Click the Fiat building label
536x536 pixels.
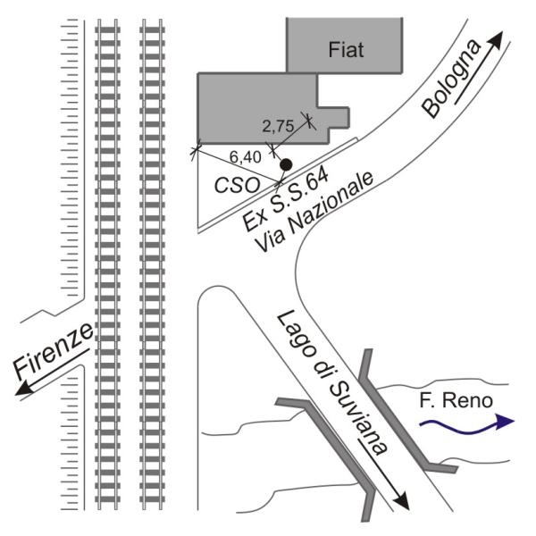pyautogui.click(x=346, y=49)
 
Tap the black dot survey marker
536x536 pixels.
pyautogui.click(x=286, y=164)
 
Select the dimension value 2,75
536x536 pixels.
pyautogui.click(x=278, y=126)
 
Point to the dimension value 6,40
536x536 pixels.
pyautogui.click(x=245, y=157)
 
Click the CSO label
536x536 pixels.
pyautogui.click(x=237, y=186)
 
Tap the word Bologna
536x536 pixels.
pyautogui.click(x=451, y=79)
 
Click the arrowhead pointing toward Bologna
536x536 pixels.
pyautogui.click(x=497, y=38)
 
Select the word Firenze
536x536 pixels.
pyautogui.click(x=54, y=350)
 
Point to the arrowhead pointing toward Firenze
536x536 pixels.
pyautogui.click(x=24, y=389)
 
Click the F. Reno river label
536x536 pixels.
pyautogui.click(x=456, y=400)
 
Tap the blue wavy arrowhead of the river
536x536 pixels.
pyautogui.click(x=505, y=422)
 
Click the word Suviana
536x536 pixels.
pyautogui.click(x=357, y=418)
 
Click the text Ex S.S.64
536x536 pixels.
pyautogui.click(x=286, y=199)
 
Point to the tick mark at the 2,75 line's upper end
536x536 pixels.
pyautogui.click(x=308, y=120)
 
